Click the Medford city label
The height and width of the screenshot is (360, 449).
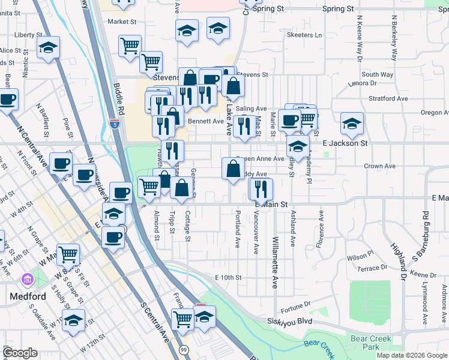(28, 296)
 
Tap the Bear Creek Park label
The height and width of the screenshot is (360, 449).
(371, 343)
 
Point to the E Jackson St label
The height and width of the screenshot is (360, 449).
(345, 143)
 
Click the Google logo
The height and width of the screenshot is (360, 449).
(20, 352)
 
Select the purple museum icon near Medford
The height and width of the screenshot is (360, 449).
(27, 280)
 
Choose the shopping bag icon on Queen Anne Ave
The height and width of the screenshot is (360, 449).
(233, 168)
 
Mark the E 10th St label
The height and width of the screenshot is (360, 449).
(228, 277)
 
